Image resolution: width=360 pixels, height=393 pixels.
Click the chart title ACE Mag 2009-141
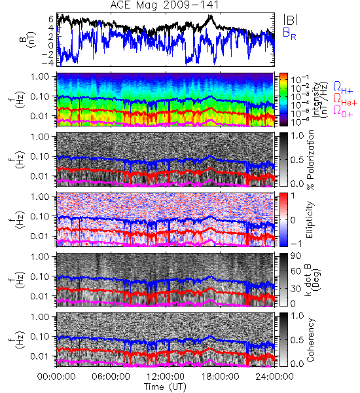pyautogui.click(x=164, y=5)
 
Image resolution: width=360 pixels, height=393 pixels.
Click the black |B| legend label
pyautogui.click(x=291, y=20)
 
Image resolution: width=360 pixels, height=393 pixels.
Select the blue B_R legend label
pyautogui.click(x=289, y=33)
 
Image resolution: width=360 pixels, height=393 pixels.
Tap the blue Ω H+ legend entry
pyautogui.click(x=343, y=88)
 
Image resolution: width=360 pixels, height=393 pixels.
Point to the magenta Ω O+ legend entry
pyautogui.click(x=343, y=111)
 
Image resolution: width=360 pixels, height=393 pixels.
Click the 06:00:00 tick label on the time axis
pyautogui.click(x=111, y=377)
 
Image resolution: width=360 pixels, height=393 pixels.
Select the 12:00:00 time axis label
pyautogui.click(x=166, y=377)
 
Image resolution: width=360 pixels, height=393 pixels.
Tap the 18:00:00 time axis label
pyautogui.click(x=220, y=377)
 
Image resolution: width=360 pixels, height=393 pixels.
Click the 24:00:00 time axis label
pyautogui.click(x=274, y=377)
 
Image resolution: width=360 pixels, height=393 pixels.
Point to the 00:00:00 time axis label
pyautogui.click(x=56, y=377)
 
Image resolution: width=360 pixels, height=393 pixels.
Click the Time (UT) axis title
pyautogui.click(x=165, y=387)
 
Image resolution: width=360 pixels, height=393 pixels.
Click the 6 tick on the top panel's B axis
pyautogui.click(x=51, y=19)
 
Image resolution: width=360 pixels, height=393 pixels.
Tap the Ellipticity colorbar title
pyautogui.click(x=310, y=220)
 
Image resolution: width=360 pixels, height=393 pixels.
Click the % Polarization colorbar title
pyautogui.click(x=311, y=160)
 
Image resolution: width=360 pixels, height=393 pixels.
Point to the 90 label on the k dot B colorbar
pyautogui.click(x=296, y=256)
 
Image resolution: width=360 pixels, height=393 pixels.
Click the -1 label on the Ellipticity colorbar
pyautogui.click(x=296, y=244)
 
